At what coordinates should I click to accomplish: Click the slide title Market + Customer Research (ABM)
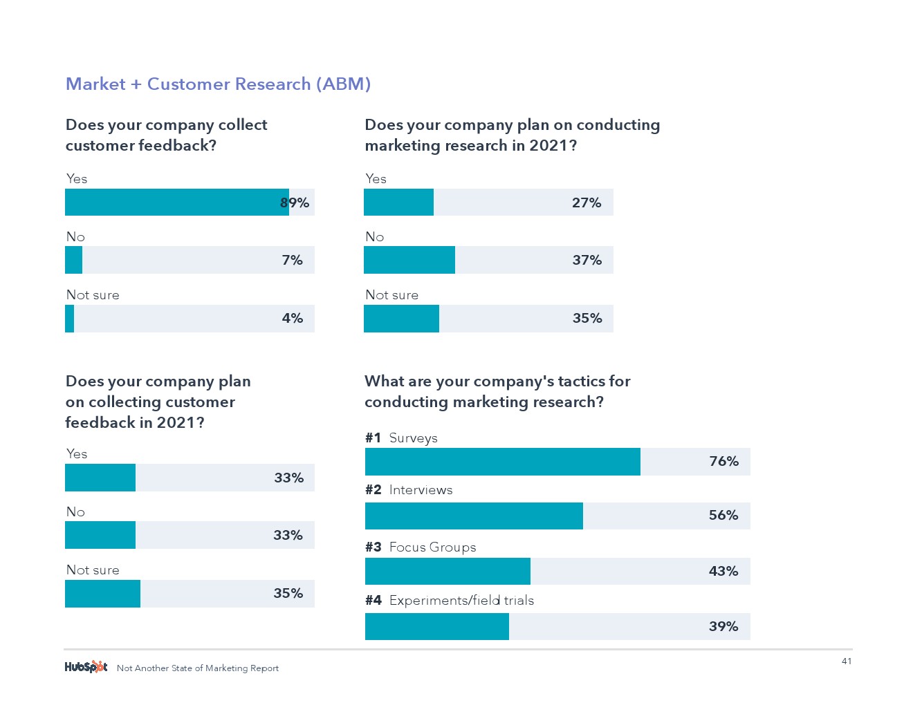[218, 84]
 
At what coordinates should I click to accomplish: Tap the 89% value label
[295, 203]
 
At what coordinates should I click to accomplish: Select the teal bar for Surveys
[502, 462]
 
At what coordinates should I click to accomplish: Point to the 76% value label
[723, 461]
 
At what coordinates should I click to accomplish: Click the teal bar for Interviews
[474, 516]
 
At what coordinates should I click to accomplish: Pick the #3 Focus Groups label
[421, 547]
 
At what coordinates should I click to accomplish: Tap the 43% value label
[723, 571]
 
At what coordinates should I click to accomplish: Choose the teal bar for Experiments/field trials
[436, 626]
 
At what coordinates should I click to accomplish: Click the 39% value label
[723, 626]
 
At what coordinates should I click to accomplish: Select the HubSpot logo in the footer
[86, 667]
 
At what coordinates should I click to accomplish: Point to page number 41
[847, 661]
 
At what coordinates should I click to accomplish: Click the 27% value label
[586, 203]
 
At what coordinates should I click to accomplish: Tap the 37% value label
[587, 260]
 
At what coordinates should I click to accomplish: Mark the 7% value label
[292, 260]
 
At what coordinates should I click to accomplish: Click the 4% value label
[292, 318]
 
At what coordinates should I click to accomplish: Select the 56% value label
[723, 515]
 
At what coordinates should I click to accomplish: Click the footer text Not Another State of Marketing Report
[198, 668]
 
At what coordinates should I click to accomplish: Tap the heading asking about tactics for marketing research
[497, 391]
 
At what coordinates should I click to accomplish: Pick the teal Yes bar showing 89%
[176, 203]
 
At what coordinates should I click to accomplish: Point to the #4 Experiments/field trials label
[450, 600]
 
